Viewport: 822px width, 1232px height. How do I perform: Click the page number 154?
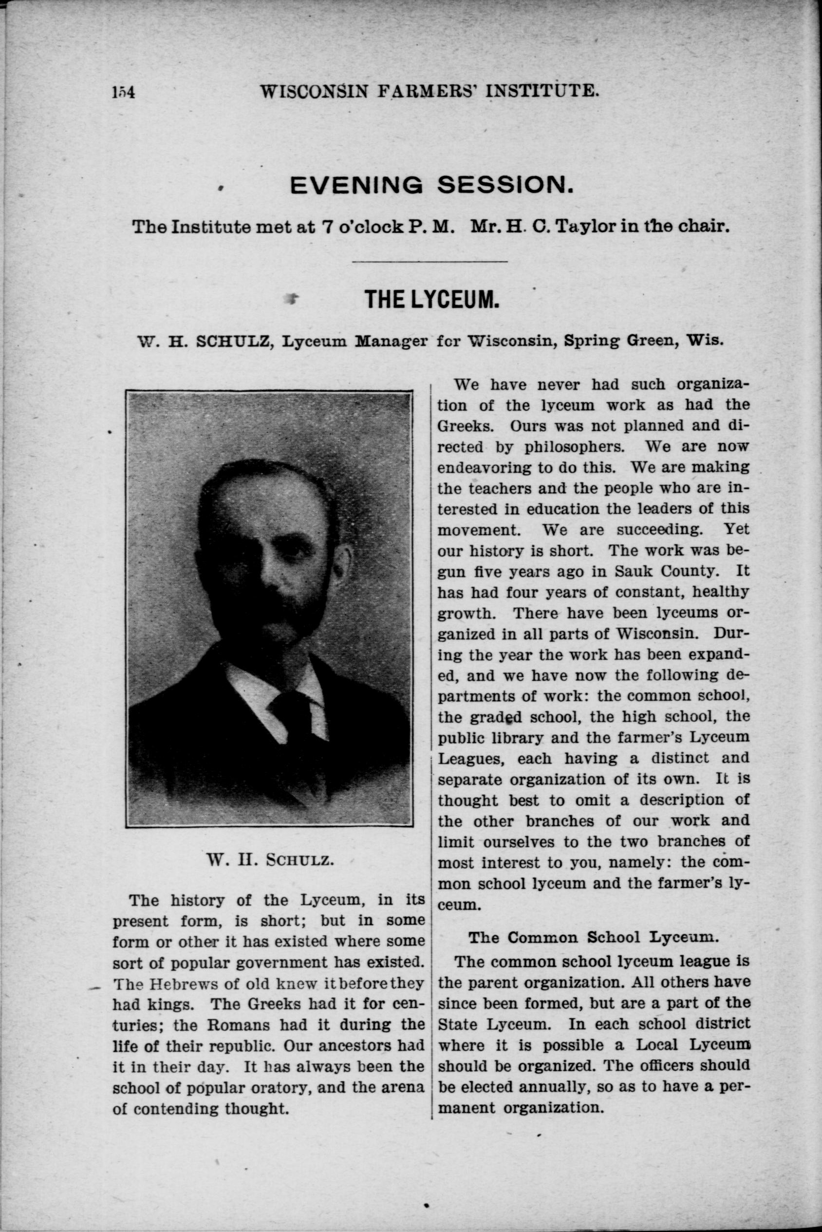click(x=124, y=92)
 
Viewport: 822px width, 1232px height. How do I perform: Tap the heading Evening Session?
click(x=430, y=184)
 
